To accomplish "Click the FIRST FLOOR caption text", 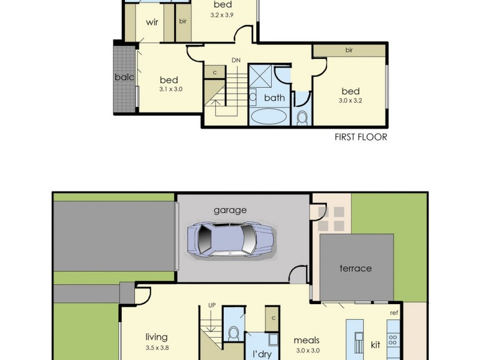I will pos(361,137).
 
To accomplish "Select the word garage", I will pos(230,210).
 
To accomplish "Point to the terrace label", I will pos(356,268).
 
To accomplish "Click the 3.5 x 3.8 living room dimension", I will pos(156,347).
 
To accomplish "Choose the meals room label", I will pos(307,340).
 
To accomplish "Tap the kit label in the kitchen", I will pos(376,345).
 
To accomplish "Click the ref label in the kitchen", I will pos(394,313).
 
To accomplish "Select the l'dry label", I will pos(262,354).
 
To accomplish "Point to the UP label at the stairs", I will pos(211,305).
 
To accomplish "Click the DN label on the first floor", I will pos(236,61).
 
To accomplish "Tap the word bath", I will pos(274,97).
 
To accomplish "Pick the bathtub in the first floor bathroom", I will pos(268,116).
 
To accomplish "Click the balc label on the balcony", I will pos(124,77).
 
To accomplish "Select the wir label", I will pos(152,23).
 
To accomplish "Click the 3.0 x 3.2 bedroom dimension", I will pos(350,101).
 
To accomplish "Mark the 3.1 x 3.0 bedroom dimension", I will pos(170,89).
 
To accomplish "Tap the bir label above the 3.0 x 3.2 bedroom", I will pos(349,50).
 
